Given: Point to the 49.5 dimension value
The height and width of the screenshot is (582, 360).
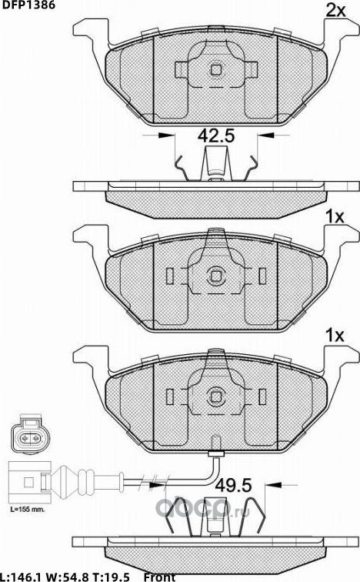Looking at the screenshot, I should point(234,486).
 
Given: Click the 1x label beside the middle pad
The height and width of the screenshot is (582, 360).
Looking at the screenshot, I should point(334,218).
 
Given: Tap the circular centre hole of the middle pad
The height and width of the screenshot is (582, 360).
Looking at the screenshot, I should point(216,275).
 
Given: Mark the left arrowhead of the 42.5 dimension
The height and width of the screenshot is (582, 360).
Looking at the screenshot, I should point(163,136).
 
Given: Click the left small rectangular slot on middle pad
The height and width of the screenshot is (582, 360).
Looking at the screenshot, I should point(169,275).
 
